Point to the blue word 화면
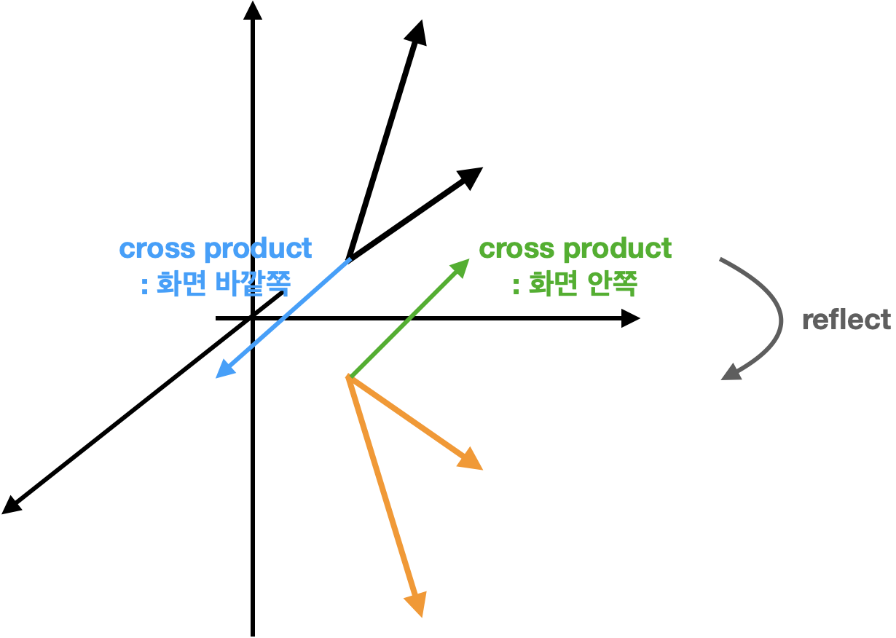(x=179, y=284)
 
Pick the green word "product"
(x=617, y=249)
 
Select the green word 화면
(x=551, y=284)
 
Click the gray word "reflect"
(x=846, y=320)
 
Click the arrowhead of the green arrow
(x=462, y=265)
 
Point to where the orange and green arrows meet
(x=350, y=377)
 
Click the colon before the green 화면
(x=516, y=285)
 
